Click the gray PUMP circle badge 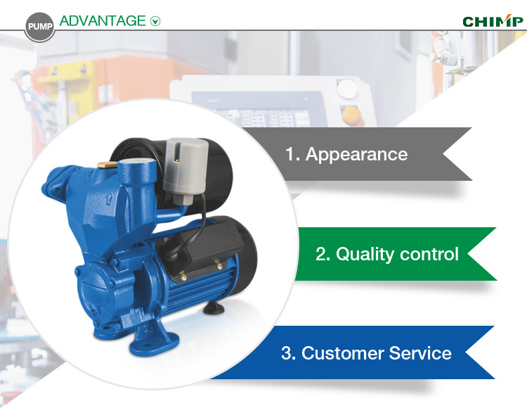39,27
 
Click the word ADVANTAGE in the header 103,21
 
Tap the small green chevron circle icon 155,21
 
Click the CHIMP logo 493,21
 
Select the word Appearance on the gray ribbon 356,155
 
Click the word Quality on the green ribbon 365,255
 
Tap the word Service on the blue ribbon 420,353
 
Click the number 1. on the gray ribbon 292,155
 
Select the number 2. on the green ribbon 323,254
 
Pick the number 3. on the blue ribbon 289,353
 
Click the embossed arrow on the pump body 109,199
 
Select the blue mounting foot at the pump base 155,340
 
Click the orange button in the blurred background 351,115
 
